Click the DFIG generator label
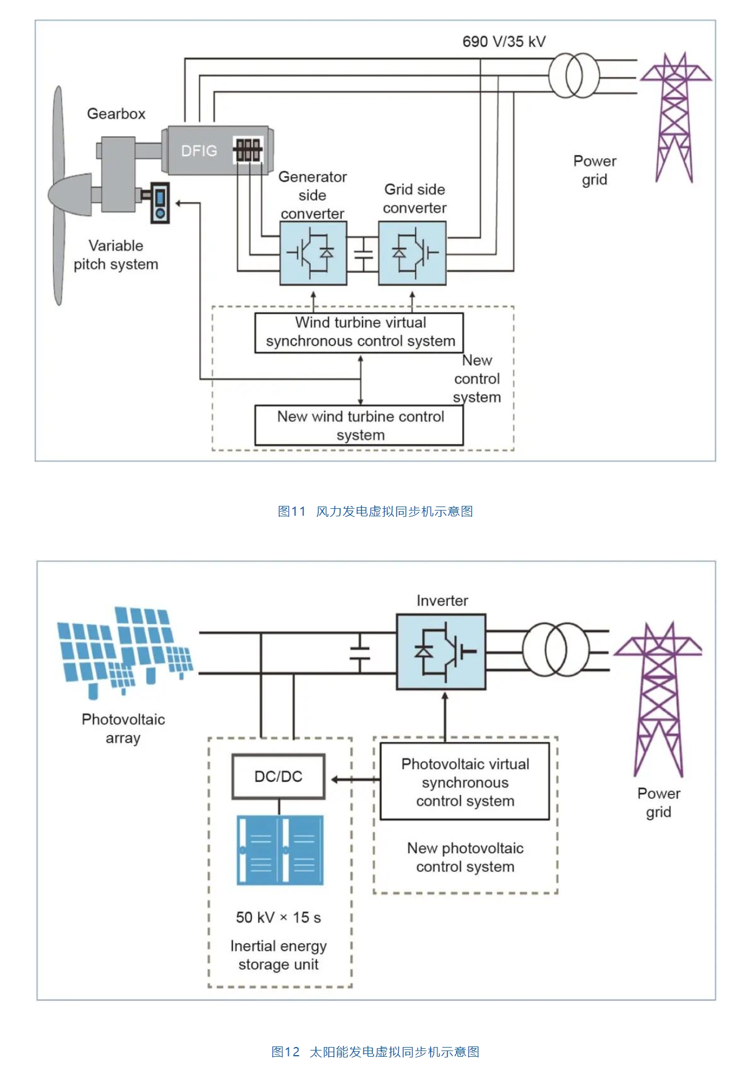click(x=199, y=151)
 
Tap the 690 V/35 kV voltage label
click(x=504, y=42)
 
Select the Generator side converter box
click(x=313, y=253)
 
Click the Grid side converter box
click(x=412, y=253)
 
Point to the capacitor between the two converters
click(x=363, y=253)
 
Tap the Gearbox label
click(x=116, y=114)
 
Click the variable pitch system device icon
click(x=160, y=202)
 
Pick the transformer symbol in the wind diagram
click(x=574, y=76)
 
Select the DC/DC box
click(x=278, y=776)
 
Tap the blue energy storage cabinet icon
click(x=280, y=850)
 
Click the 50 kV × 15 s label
click(x=278, y=917)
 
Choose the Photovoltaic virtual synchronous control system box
click(x=465, y=782)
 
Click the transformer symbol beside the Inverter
click(x=556, y=649)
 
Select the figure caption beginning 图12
click(x=375, y=1052)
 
